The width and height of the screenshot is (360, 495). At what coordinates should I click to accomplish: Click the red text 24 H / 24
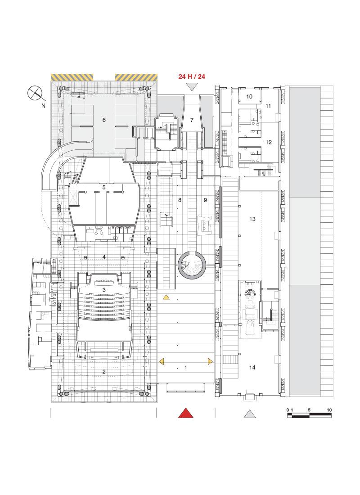192,76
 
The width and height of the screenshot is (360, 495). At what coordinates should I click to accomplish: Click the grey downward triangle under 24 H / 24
192,86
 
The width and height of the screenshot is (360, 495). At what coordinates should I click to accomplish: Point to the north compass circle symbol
35,93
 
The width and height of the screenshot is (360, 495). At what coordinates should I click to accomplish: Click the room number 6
104,120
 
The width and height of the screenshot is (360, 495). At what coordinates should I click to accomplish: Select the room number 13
252,219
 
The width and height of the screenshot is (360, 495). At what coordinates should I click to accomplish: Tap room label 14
252,368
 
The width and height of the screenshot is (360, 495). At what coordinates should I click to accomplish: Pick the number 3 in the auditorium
104,290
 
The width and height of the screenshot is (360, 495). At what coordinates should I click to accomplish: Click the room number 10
249,96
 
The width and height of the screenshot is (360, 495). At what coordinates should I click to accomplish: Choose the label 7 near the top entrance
192,120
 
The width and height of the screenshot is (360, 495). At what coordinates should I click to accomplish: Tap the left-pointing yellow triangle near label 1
161,361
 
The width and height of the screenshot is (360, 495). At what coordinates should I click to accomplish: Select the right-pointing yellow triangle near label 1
210,361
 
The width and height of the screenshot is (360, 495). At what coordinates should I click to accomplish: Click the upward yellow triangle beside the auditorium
166,297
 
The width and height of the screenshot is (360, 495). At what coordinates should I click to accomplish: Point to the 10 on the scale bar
329,410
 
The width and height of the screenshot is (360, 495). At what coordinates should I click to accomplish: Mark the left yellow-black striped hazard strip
72,77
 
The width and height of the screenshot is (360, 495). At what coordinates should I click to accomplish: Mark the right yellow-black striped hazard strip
137,77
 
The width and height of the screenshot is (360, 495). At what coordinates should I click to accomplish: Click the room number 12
269,142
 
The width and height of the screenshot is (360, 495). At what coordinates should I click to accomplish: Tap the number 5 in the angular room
104,187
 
